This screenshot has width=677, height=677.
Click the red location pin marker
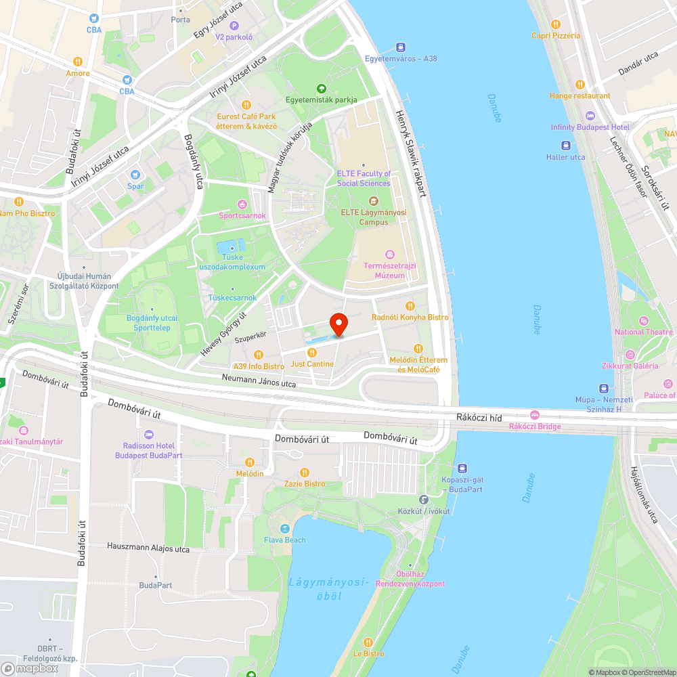(x=338, y=324)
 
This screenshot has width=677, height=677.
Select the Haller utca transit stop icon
(x=565, y=146)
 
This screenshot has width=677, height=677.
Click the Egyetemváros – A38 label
(x=401, y=58)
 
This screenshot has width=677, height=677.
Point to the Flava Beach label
(x=284, y=540)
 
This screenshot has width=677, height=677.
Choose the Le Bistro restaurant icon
(x=368, y=642)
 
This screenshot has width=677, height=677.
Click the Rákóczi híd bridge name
(x=479, y=418)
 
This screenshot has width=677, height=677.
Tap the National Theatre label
(x=643, y=332)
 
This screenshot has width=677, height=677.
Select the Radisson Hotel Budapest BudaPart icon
(x=149, y=434)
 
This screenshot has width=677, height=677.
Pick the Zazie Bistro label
(x=305, y=483)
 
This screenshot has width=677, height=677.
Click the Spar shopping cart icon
(x=135, y=175)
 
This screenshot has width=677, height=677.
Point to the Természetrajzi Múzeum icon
(x=389, y=255)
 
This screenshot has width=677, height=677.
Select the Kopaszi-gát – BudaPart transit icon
(x=462, y=468)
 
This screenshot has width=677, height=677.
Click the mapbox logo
(x=30, y=668)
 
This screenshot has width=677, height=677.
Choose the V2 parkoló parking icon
(x=234, y=26)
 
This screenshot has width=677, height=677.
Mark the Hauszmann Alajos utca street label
(x=148, y=548)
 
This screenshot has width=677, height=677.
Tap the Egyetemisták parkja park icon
(x=321, y=88)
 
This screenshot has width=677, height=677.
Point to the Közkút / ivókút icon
(x=423, y=500)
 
